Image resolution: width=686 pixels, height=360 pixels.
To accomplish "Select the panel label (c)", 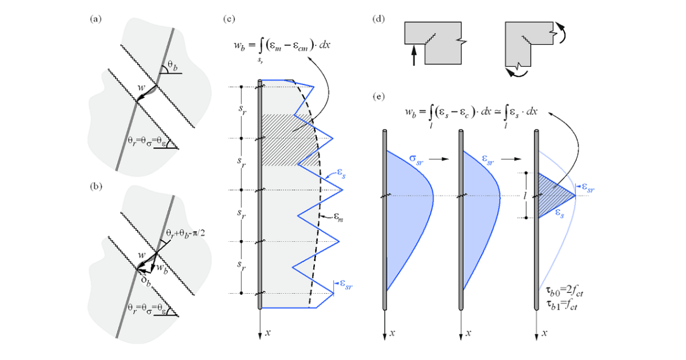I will (230, 19).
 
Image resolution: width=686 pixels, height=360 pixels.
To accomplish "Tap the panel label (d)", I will (378, 19).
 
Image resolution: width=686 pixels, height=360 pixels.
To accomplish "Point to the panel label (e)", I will (378, 97).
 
